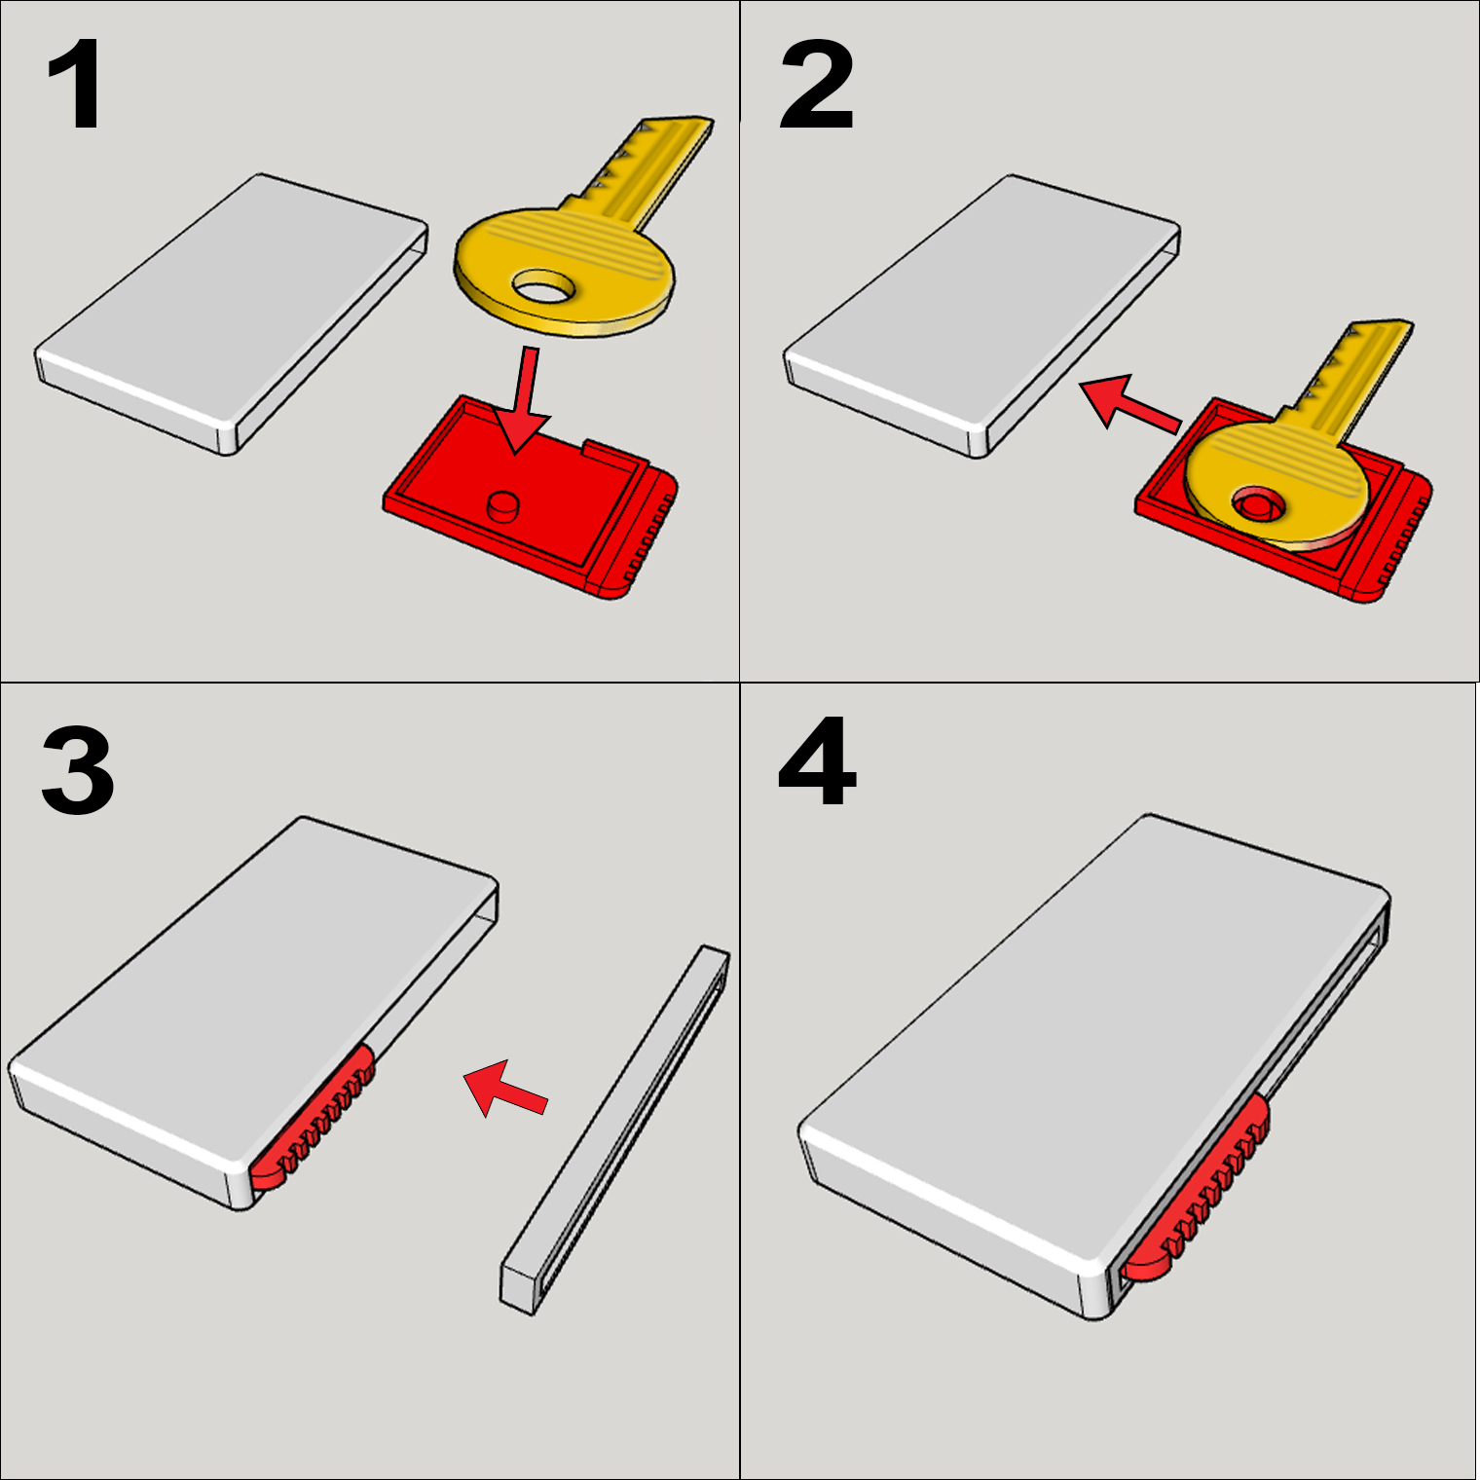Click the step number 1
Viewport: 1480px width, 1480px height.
(74, 86)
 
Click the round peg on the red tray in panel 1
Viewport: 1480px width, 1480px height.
(503, 504)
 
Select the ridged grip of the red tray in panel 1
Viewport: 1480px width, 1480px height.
(643, 536)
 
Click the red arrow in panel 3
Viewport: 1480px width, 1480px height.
(503, 1089)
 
